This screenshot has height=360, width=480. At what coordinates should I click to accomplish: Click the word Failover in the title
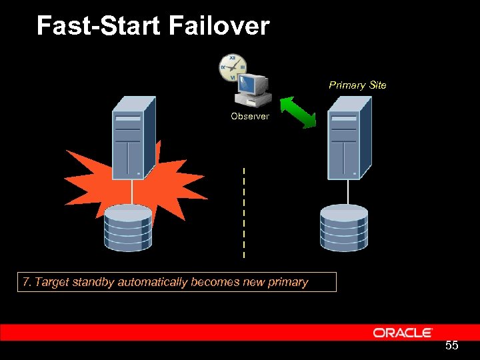pos(219,26)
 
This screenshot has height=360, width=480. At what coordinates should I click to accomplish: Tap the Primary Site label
pos(357,85)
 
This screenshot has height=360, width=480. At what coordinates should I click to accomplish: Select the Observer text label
pos(250,116)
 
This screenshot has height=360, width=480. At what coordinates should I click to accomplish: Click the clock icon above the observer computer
pos(232,67)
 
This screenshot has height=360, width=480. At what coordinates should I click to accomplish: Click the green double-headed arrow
pos(297,111)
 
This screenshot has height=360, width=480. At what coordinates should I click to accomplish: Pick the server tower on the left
pos(133,137)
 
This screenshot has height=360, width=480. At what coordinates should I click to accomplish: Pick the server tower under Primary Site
pos(349,137)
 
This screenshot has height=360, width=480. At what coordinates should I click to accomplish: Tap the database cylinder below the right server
pos(343,228)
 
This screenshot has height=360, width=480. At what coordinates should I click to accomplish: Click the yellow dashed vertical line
pos(244,213)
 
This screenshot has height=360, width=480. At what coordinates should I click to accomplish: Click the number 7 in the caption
pos(27,282)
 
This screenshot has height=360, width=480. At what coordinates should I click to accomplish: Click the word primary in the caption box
pos(288,282)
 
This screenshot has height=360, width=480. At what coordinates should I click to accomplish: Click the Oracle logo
pos(403,333)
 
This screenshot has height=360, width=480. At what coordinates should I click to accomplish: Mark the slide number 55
pos(451,346)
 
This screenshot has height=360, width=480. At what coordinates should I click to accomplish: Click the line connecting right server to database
pos(347,191)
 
